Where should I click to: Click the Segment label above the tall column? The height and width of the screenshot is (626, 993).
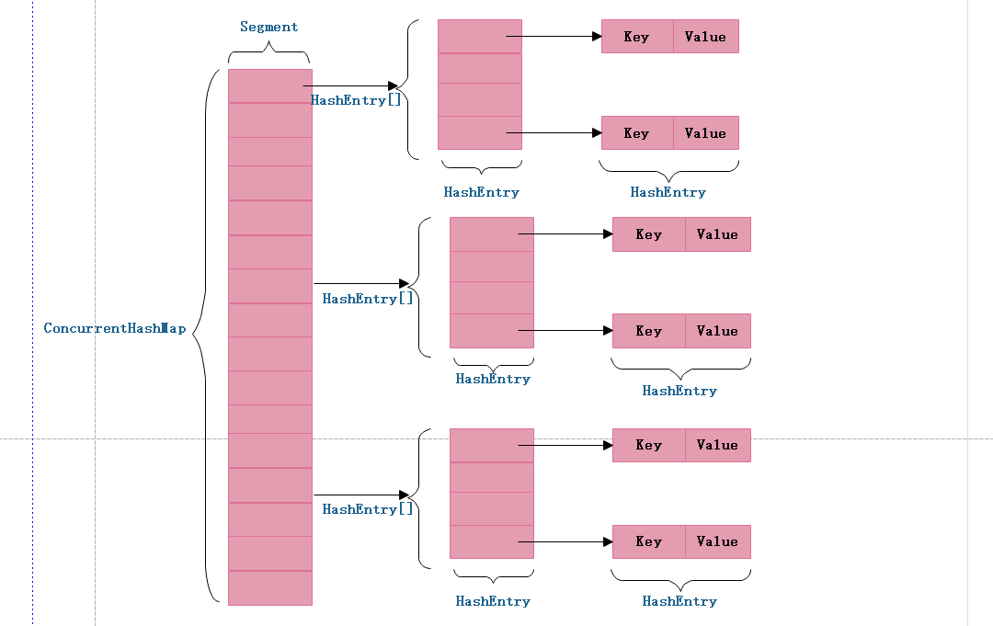[269, 27]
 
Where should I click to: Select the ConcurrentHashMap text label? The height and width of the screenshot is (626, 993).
[114, 328]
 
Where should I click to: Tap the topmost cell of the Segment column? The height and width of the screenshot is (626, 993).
[269, 85]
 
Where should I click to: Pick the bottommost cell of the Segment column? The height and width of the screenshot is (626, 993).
[269, 587]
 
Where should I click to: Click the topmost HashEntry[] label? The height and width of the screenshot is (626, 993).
[357, 100]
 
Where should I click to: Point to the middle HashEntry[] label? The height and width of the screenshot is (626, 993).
[369, 299]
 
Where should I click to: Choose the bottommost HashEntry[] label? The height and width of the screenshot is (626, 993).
[369, 509]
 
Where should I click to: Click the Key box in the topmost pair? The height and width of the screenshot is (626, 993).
[637, 37]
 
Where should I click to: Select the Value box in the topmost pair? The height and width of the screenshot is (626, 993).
[705, 37]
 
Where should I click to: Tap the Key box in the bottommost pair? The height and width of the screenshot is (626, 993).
[649, 541]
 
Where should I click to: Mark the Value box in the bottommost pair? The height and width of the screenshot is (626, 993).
[717, 541]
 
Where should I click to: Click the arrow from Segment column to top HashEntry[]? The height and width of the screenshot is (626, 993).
[349, 85]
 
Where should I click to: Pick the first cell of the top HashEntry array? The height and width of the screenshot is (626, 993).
[479, 37]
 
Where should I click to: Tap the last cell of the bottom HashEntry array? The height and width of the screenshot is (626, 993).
[491, 541]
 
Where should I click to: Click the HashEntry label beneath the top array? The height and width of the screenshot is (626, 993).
[481, 192]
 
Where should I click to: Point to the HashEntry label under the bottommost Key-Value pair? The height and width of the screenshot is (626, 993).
[679, 601]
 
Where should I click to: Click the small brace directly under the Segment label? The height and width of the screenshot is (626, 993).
[269, 55]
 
